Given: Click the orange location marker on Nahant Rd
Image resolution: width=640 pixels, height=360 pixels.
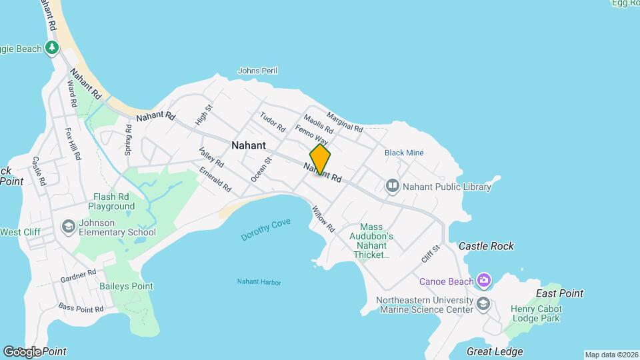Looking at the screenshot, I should (320, 159).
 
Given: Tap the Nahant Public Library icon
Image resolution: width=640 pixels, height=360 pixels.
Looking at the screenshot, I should (392, 186).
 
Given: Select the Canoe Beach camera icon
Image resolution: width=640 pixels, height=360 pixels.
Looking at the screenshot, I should (483, 281).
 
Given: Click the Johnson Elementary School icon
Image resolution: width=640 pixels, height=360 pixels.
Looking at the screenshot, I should (67, 227).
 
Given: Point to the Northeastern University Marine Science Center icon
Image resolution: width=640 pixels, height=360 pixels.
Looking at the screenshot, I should (483, 305).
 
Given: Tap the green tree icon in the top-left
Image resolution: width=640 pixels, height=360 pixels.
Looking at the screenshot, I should (52, 48).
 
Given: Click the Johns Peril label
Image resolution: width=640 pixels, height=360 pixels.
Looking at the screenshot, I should (257, 71).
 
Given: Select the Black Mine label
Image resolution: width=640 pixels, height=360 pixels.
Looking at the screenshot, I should (404, 153).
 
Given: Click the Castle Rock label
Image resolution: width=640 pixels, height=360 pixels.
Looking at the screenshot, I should (486, 246).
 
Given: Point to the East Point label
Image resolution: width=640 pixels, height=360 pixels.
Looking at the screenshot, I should (559, 293).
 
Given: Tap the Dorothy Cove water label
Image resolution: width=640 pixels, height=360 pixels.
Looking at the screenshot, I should (266, 230).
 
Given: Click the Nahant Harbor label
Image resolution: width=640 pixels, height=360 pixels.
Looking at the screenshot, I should (259, 282).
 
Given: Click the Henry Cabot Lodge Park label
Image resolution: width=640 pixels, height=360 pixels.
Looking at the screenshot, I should (536, 314).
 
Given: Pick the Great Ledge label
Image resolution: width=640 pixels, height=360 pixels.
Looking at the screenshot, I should (495, 351).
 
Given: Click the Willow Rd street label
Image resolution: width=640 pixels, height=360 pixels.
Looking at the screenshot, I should (323, 219).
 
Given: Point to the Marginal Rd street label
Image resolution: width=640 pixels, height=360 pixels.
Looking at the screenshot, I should (345, 121).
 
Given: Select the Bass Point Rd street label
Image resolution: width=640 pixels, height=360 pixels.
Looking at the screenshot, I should (81, 307).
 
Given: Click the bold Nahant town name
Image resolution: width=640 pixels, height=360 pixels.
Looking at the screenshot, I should (249, 145).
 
